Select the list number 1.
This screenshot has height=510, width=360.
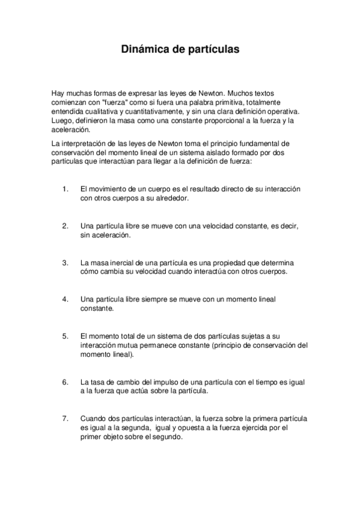click(65, 189)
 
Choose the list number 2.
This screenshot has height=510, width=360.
click(65, 226)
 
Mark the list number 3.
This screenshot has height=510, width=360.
click(65, 263)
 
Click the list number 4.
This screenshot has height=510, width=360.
click(65, 300)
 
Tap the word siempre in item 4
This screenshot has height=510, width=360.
click(156, 300)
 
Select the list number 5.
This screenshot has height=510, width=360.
click(65, 336)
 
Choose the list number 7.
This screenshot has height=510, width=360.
click(65, 419)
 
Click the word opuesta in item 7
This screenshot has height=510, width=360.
click(191, 428)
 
